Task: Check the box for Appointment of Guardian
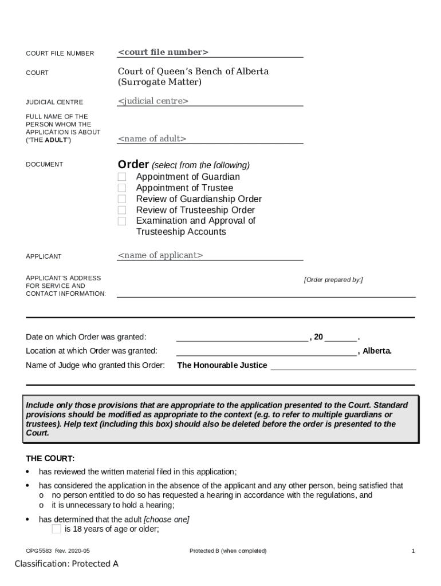tap(122, 177)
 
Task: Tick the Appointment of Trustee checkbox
tap(122, 188)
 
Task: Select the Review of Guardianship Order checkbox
tap(122, 199)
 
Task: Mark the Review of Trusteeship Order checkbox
tap(122, 210)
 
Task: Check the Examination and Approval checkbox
tap(122, 221)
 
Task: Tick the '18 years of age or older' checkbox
tap(56, 529)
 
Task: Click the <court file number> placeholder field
tap(163, 53)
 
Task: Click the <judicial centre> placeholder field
tap(153, 101)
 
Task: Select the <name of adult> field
tap(152, 138)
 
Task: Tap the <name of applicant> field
tap(160, 255)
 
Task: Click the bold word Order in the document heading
tap(133, 164)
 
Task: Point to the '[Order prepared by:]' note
tap(333, 280)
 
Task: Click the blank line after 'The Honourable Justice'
tap(342, 366)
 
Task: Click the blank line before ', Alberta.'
tap(266, 351)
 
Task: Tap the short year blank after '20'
tap(341, 337)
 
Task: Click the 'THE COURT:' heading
tap(50, 459)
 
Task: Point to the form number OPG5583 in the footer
tap(38, 551)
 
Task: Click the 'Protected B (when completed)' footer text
tap(228, 551)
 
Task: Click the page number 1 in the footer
tap(413, 551)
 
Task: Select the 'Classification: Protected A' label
tap(66, 564)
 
